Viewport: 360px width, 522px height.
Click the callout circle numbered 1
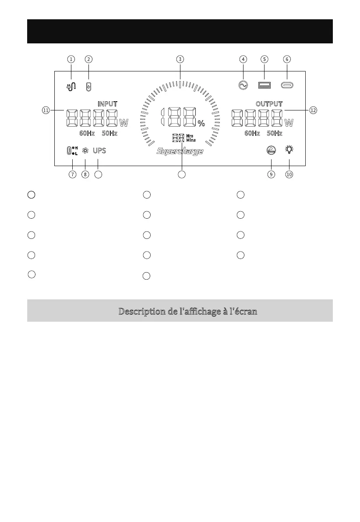(x=71, y=59)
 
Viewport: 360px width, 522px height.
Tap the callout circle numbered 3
(x=180, y=59)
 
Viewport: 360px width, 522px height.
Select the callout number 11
(x=46, y=110)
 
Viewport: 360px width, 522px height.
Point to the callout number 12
(x=313, y=110)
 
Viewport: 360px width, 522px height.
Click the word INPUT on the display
(x=107, y=104)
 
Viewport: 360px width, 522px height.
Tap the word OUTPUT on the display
(x=269, y=104)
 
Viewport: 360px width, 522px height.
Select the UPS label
(x=99, y=151)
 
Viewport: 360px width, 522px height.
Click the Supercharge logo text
(x=180, y=152)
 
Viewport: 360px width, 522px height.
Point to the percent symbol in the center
(x=201, y=124)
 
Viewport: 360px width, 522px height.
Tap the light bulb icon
(x=289, y=150)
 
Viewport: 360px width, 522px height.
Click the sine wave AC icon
(x=243, y=85)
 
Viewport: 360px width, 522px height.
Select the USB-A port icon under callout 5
(x=264, y=85)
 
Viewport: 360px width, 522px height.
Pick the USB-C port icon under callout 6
(x=287, y=85)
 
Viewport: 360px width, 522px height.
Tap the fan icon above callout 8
(x=85, y=151)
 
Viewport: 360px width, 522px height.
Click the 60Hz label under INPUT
(x=87, y=133)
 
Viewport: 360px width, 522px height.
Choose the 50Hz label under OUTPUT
(x=275, y=133)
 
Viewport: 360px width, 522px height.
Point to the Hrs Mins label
(x=190, y=138)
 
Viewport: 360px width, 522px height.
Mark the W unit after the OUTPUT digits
(x=289, y=121)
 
